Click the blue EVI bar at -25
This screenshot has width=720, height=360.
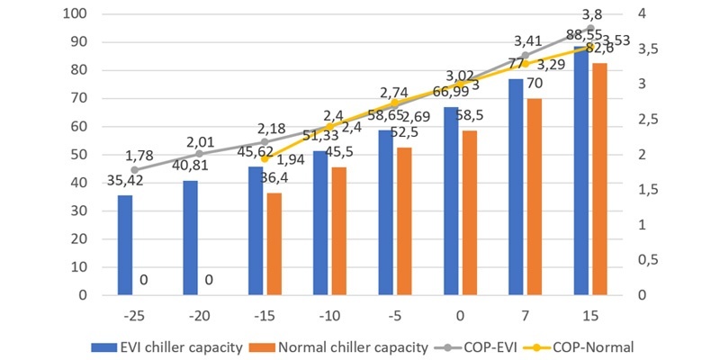point(125,245)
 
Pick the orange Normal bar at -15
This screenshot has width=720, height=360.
point(274,244)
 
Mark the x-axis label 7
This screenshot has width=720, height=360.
point(525,316)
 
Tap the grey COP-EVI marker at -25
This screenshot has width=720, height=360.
point(134,170)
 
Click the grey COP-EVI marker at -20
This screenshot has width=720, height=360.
point(199,154)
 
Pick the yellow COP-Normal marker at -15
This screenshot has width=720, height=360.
point(265,158)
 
